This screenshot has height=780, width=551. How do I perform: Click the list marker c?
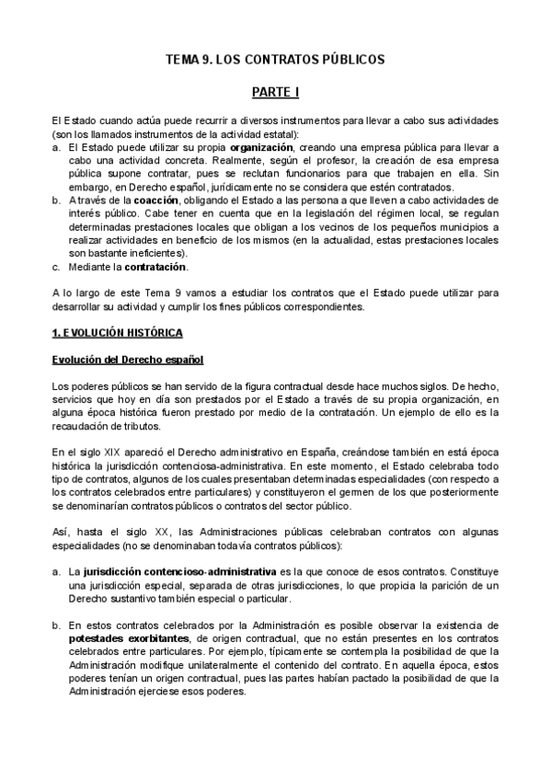(x=57, y=267)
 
